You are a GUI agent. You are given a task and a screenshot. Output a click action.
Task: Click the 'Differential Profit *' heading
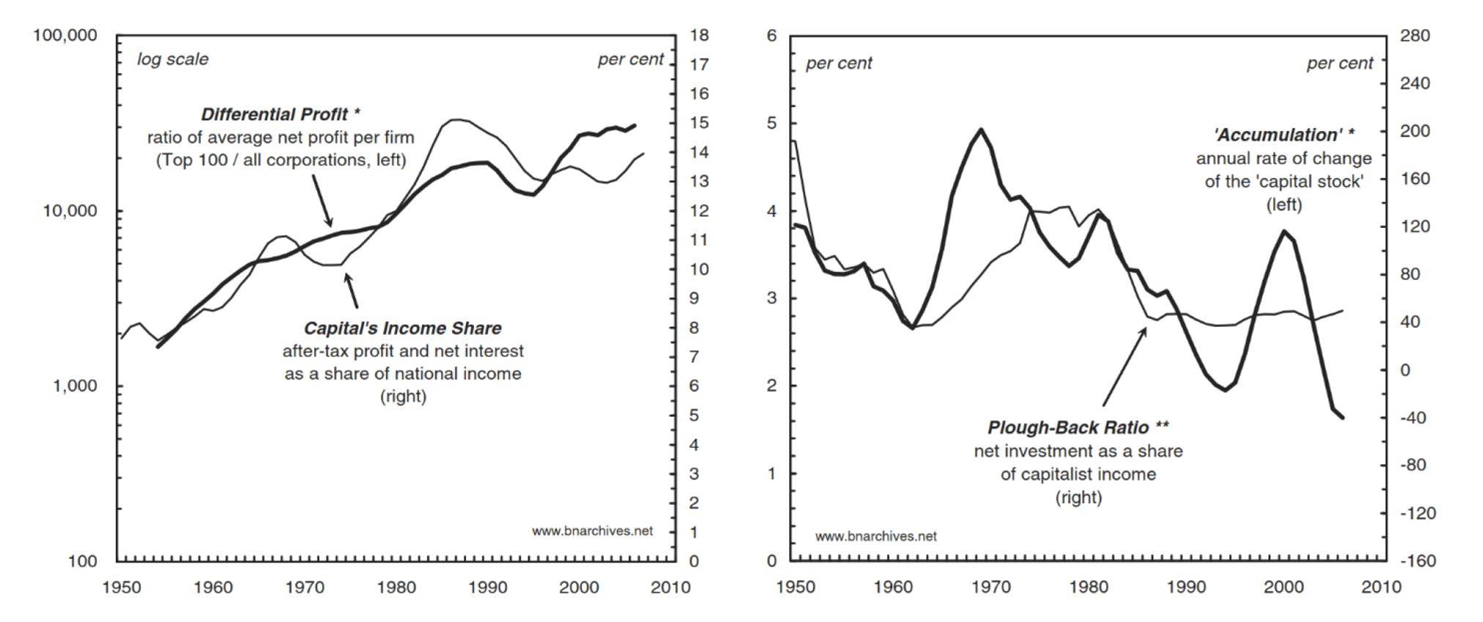click(x=281, y=114)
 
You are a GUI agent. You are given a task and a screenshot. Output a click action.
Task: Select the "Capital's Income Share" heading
click(x=402, y=328)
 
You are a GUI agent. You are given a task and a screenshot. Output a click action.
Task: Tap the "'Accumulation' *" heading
click(x=1284, y=135)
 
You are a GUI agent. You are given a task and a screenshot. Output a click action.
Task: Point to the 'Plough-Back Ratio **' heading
click(x=1078, y=427)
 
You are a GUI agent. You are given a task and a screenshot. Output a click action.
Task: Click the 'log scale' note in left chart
click(x=173, y=59)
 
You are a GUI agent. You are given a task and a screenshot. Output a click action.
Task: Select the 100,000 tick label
click(x=64, y=36)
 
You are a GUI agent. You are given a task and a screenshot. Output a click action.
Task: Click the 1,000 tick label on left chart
click(x=75, y=386)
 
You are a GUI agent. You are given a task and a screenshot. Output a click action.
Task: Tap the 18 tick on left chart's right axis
click(x=698, y=36)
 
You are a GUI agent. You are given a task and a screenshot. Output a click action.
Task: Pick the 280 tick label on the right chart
click(x=1414, y=36)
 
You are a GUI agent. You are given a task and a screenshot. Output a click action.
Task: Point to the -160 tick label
click(x=1417, y=561)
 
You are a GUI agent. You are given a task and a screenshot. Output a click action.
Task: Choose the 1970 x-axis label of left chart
click(x=305, y=587)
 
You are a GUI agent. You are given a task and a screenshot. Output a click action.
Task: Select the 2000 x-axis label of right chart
click(x=1284, y=587)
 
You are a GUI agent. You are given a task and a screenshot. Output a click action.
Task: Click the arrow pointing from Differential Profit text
click(x=322, y=200)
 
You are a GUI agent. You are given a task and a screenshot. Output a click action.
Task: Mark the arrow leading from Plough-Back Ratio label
click(x=1125, y=366)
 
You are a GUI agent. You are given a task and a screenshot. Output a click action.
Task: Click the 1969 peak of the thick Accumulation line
click(x=980, y=130)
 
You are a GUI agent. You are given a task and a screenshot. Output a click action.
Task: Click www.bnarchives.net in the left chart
click(x=592, y=531)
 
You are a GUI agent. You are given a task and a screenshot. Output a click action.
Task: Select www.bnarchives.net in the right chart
click(x=876, y=536)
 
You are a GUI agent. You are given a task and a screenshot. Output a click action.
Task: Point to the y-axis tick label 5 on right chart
click(x=772, y=123)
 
